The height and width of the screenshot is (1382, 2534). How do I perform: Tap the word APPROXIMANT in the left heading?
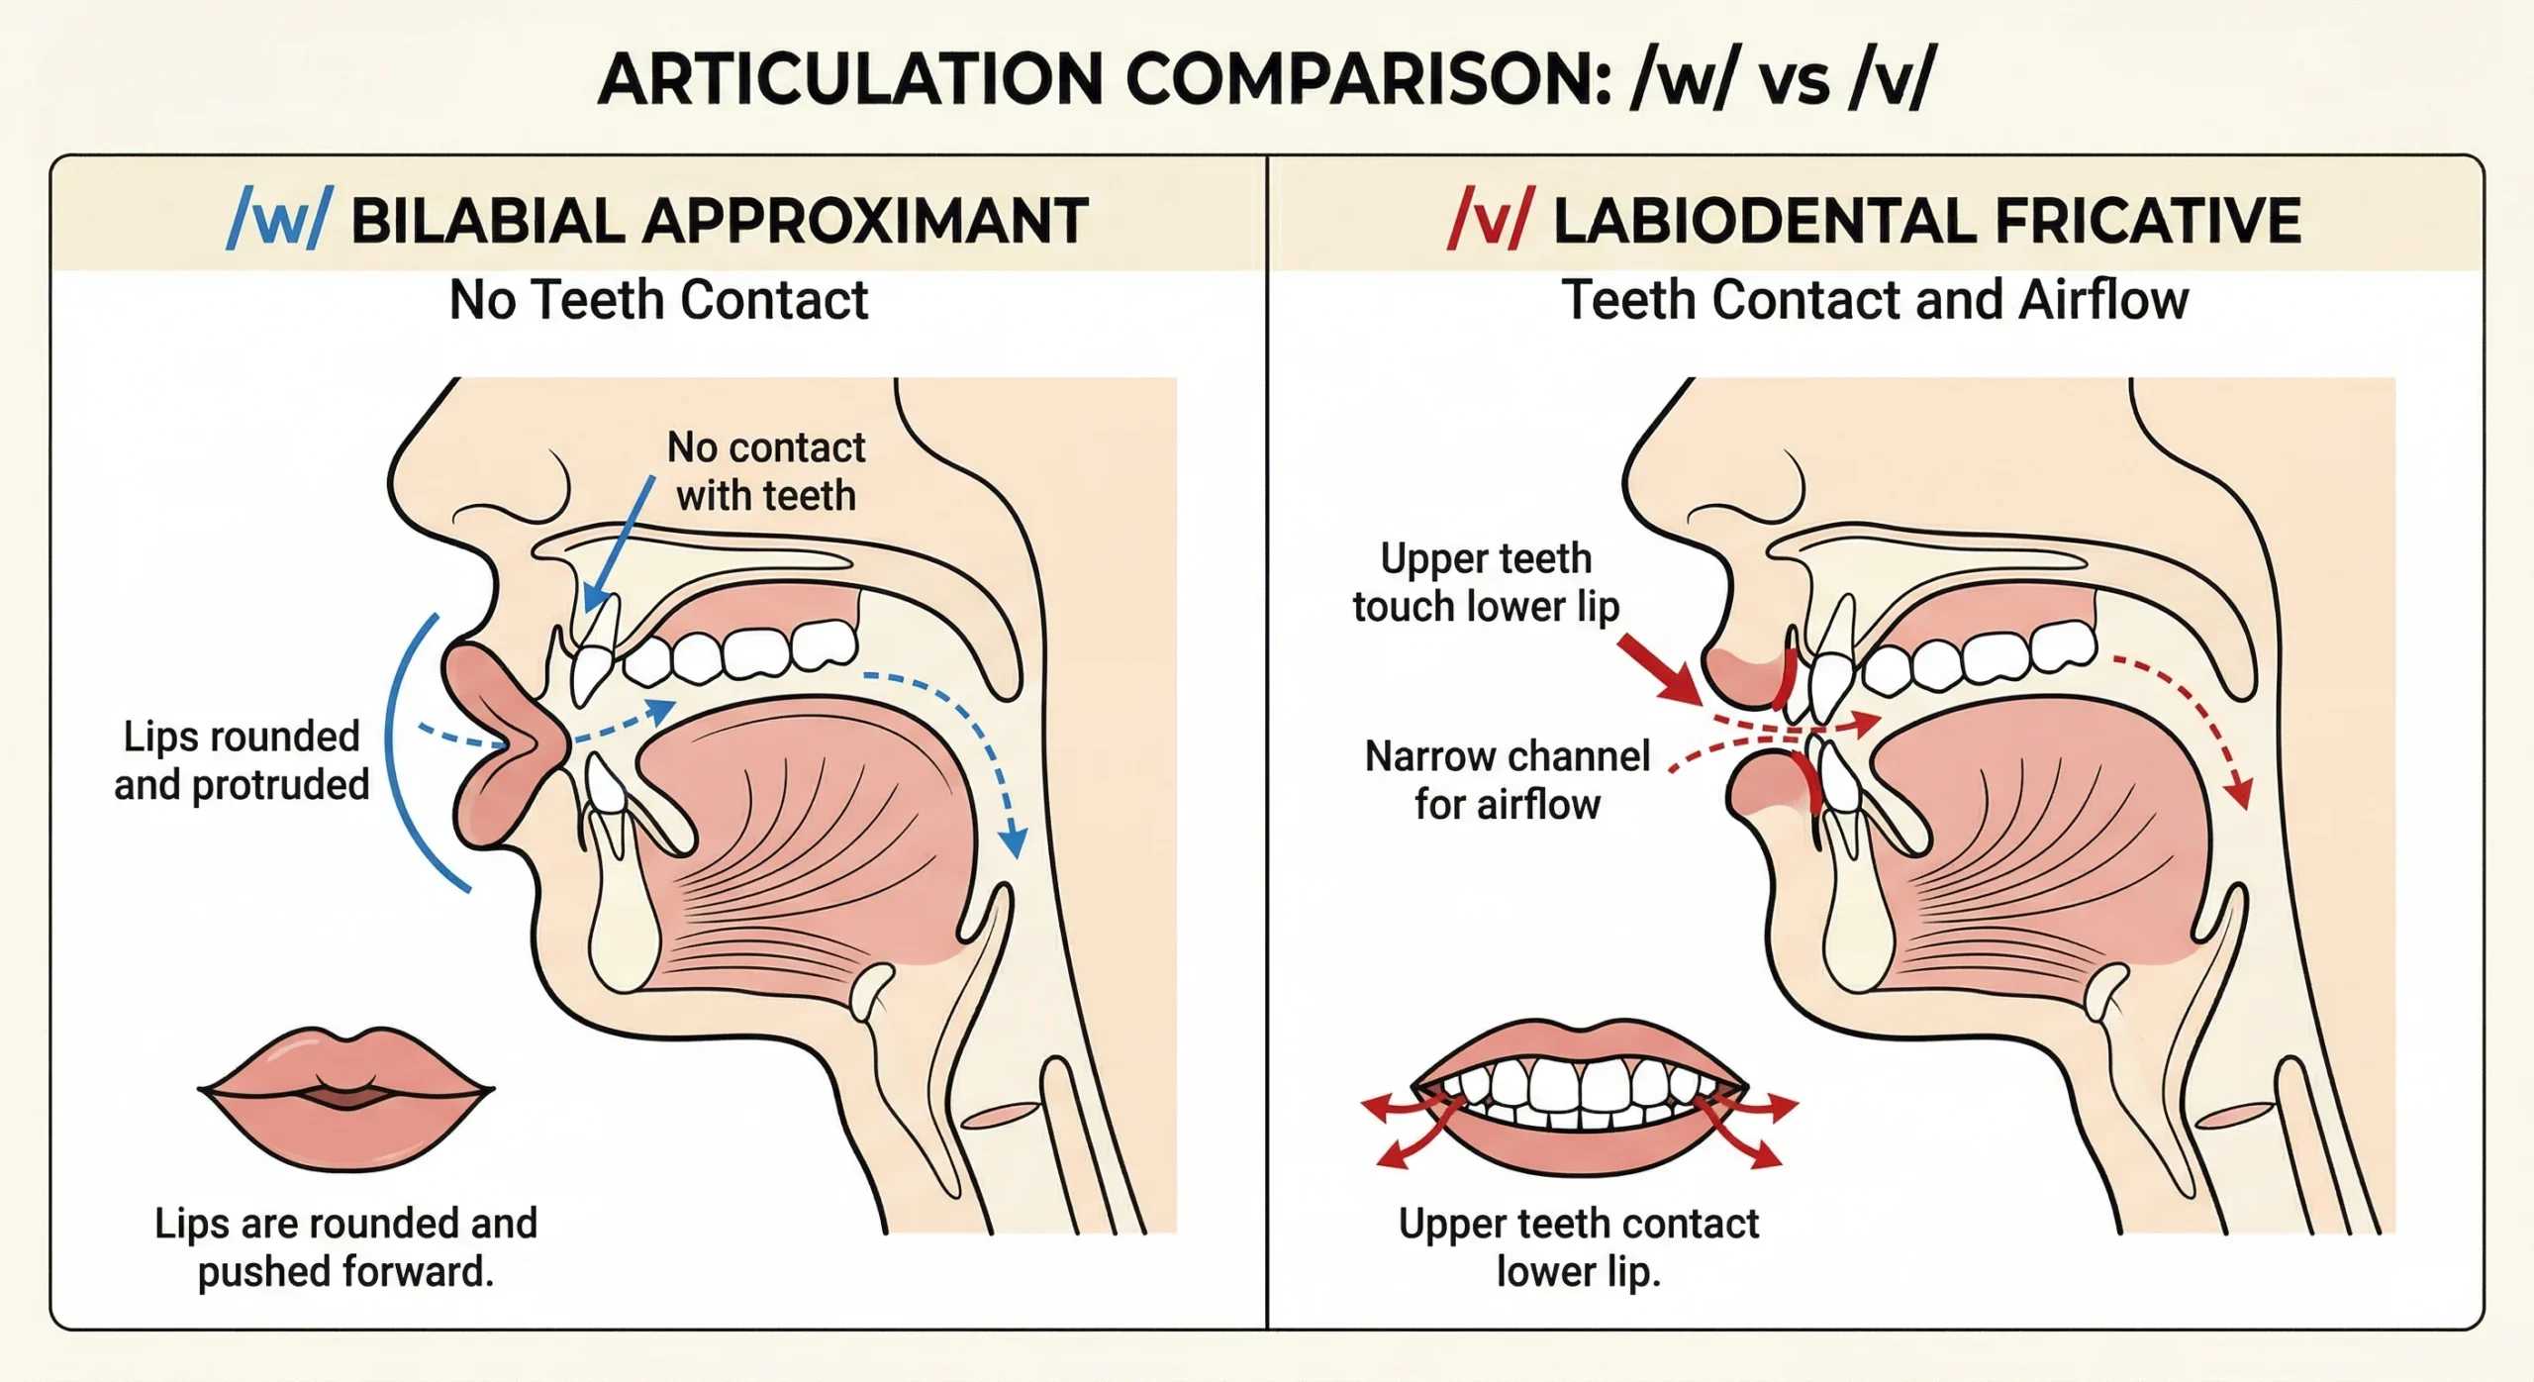click(866, 221)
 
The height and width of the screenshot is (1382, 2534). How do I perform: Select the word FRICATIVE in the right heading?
click(2147, 221)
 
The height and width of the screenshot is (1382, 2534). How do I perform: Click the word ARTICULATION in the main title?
click(850, 79)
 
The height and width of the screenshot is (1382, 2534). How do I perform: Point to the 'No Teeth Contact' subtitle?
click(658, 300)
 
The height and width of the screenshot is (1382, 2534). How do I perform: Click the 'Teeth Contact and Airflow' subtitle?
click(1875, 300)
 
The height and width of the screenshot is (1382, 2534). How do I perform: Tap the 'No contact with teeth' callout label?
click(766, 471)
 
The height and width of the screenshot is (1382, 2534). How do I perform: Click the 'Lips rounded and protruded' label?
click(242, 760)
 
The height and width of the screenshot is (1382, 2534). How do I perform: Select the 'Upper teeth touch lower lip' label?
click(1486, 582)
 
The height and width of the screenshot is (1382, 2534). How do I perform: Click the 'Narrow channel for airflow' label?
click(1508, 780)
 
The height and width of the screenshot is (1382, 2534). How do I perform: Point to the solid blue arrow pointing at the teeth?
click(619, 544)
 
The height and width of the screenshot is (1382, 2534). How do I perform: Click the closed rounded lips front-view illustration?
click(345, 1099)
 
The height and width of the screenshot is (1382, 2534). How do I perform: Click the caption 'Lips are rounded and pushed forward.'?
click(345, 1247)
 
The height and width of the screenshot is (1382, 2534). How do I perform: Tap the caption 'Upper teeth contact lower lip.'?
click(1579, 1247)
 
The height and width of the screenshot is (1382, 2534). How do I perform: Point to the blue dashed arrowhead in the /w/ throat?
click(1012, 842)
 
